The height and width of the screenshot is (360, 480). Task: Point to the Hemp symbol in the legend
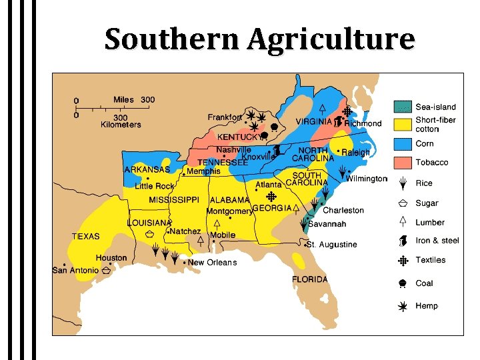402,306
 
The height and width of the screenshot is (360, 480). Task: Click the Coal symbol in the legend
402,283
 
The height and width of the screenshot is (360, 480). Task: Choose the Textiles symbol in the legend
402,261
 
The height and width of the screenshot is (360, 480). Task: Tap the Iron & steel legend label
437,241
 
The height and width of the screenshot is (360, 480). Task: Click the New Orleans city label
212,263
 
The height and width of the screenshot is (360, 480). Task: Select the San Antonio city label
75,270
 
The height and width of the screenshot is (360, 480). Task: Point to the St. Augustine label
333,245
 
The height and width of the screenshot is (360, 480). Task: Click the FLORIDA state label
310,279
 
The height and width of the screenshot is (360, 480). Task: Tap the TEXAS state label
86,236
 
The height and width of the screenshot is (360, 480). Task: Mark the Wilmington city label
367,179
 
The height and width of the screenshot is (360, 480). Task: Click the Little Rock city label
154,186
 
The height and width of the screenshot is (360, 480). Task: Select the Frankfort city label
225,117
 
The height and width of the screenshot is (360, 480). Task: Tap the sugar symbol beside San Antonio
106,271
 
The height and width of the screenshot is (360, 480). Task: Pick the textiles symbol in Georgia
271,197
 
